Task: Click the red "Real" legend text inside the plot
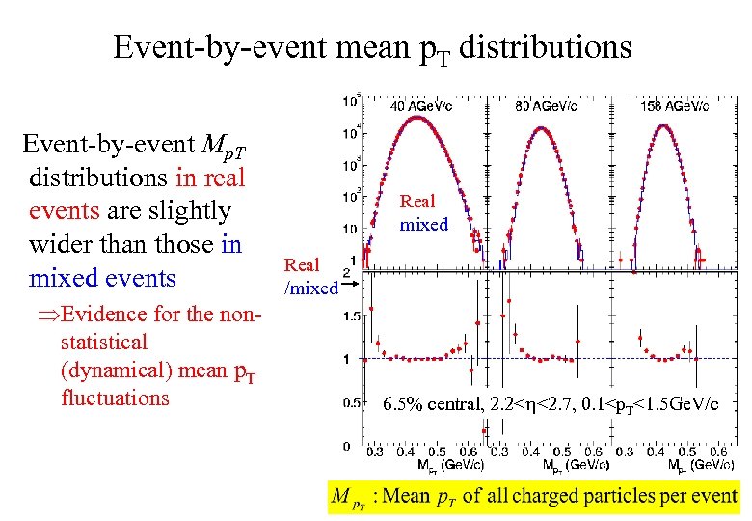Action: pos(417,202)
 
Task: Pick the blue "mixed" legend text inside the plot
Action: pos(424,225)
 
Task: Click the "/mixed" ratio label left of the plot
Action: pos(310,288)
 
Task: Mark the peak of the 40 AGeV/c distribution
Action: pos(416,118)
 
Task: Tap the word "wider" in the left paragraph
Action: pos(63,244)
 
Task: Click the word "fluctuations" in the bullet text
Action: pos(115,398)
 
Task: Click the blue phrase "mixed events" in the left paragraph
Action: pos(103,278)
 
